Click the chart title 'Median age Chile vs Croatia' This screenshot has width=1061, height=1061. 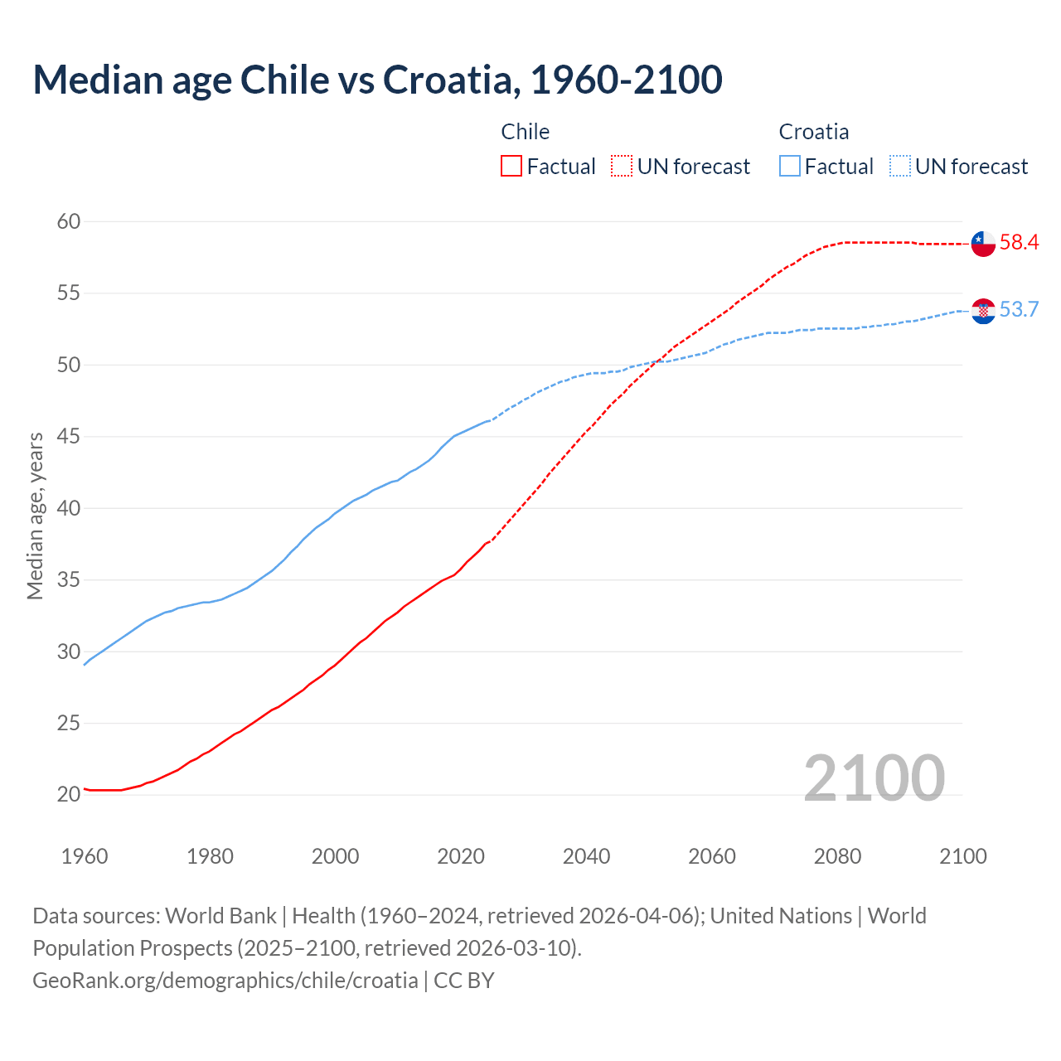point(377,80)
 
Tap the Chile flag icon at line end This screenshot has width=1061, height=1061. point(983,244)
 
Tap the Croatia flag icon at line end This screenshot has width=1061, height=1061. point(983,311)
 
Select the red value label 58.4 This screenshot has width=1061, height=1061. point(1019,242)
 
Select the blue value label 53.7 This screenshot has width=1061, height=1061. point(1019,309)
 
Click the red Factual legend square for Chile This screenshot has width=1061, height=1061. point(511,167)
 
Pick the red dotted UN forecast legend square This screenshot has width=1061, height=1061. point(622,167)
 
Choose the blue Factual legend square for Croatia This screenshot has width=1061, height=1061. point(790,167)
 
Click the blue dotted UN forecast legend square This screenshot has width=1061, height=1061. point(900,167)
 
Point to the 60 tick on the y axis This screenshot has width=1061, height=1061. point(69,221)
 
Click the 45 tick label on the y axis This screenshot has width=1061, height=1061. point(69,436)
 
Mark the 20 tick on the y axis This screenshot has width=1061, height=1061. point(69,794)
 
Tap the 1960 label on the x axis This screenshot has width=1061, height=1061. point(85,856)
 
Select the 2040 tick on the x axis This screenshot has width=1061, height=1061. point(586,856)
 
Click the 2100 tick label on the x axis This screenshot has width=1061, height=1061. point(962,856)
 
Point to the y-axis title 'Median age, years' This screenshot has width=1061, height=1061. point(35,516)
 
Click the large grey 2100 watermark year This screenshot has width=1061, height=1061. point(874,778)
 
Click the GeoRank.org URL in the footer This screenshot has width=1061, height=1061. point(225,980)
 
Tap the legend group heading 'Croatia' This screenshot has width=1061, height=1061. point(813,132)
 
